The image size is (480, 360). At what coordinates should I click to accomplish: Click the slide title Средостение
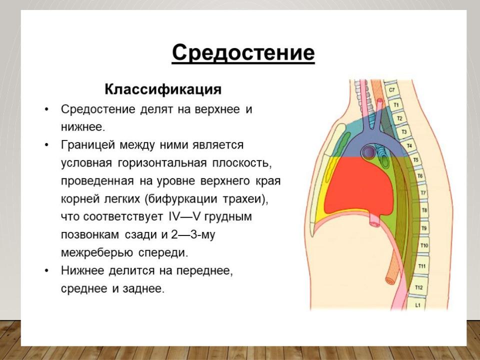(x=243, y=52)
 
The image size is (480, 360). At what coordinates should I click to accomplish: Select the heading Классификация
(x=163, y=89)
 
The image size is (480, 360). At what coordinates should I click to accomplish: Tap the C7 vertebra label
(x=392, y=90)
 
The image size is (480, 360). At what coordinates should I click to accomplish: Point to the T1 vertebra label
(x=396, y=105)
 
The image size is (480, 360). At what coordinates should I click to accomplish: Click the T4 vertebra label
(x=409, y=145)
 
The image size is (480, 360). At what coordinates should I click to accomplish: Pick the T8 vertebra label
(x=424, y=210)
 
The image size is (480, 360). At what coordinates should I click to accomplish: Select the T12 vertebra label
(x=419, y=287)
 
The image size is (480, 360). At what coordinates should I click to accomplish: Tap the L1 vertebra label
(x=418, y=305)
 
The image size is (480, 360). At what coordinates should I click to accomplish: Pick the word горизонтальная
(x=162, y=163)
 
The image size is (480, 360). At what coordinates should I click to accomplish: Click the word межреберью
(x=96, y=253)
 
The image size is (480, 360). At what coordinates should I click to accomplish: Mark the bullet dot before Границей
(x=46, y=145)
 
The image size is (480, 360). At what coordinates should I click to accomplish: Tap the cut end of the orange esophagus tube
(x=390, y=280)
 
